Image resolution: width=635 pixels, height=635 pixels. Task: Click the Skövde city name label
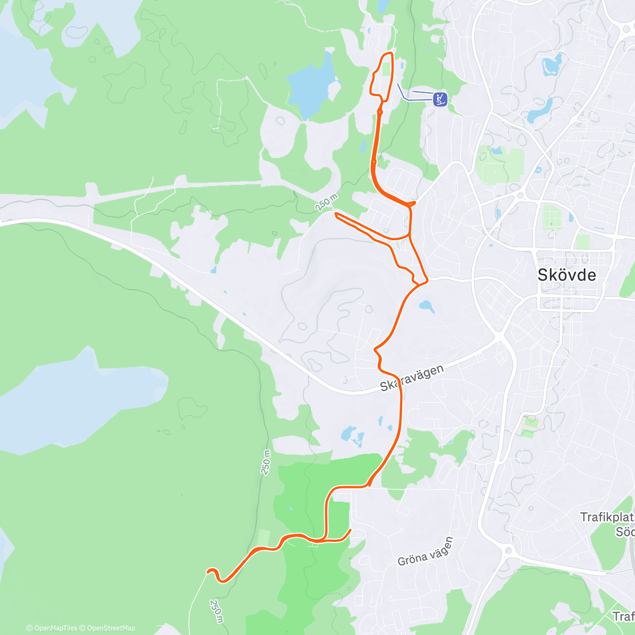tap(566, 275)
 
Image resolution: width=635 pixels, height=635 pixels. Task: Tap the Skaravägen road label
tap(411, 378)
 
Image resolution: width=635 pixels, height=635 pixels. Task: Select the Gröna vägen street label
tap(425, 551)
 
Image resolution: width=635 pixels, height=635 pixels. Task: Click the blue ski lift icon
tap(440, 98)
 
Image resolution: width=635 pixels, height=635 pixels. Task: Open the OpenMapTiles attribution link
tap(52, 628)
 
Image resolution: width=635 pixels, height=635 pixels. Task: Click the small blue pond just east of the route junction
tap(427, 306)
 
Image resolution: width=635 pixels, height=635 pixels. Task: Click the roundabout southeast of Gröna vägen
tap(509, 551)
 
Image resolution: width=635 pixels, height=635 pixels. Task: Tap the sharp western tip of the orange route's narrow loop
tap(335, 213)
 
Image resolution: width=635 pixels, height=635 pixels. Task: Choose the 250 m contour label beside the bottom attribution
tap(216, 610)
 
